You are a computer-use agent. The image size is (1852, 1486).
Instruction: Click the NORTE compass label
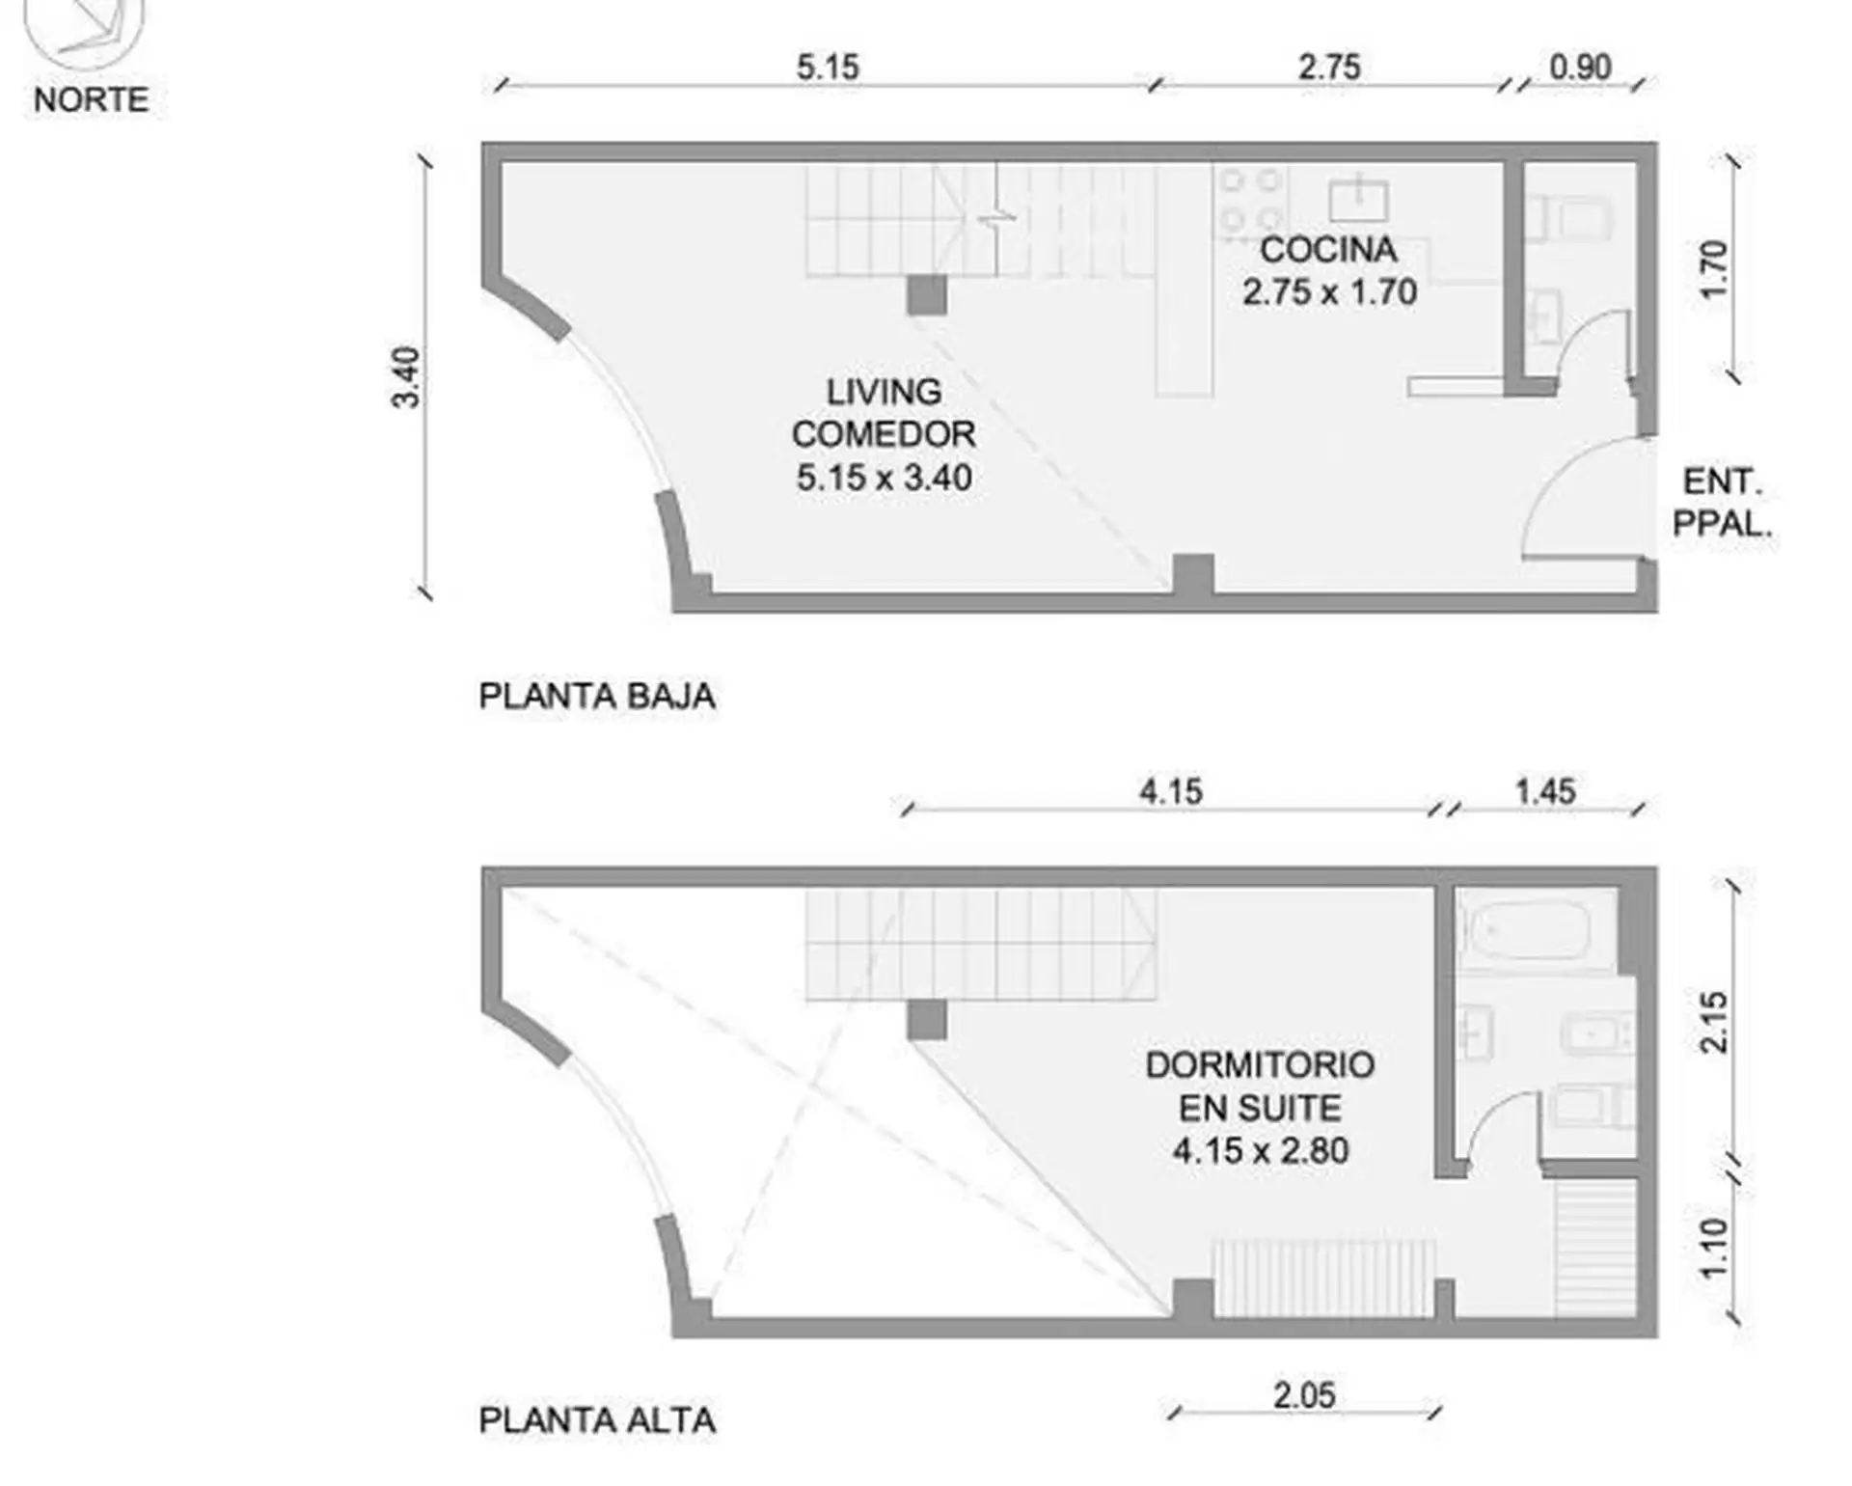[91, 99]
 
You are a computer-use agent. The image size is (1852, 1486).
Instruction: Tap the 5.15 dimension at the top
[828, 68]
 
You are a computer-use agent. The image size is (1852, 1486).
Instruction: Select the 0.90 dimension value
[1580, 68]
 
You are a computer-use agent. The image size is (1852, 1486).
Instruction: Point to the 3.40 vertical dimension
[406, 377]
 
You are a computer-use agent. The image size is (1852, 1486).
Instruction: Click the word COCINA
[1328, 250]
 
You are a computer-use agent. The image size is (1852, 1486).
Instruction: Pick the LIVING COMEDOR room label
[884, 413]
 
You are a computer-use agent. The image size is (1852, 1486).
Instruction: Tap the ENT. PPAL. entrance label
[1722, 502]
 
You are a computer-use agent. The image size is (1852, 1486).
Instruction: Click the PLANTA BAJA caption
[597, 696]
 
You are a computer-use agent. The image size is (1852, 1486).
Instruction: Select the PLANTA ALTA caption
[597, 1420]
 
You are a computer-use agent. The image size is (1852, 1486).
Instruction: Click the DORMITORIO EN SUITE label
[1260, 1087]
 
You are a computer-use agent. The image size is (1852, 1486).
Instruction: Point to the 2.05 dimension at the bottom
[1304, 1396]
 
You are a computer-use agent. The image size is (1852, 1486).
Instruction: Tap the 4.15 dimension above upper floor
[1170, 792]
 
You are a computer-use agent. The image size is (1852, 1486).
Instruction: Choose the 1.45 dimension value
[1545, 792]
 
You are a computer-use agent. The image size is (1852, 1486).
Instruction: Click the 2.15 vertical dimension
[1714, 1022]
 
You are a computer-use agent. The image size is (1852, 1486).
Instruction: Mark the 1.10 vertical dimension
[1714, 1248]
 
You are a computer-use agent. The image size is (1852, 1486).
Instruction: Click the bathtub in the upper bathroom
[1526, 930]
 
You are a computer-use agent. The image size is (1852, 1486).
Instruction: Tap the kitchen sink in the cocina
[1358, 200]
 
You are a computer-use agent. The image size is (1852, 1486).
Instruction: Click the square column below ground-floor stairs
[926, 295]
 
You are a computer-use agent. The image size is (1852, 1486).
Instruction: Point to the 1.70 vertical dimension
[1714, 270]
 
